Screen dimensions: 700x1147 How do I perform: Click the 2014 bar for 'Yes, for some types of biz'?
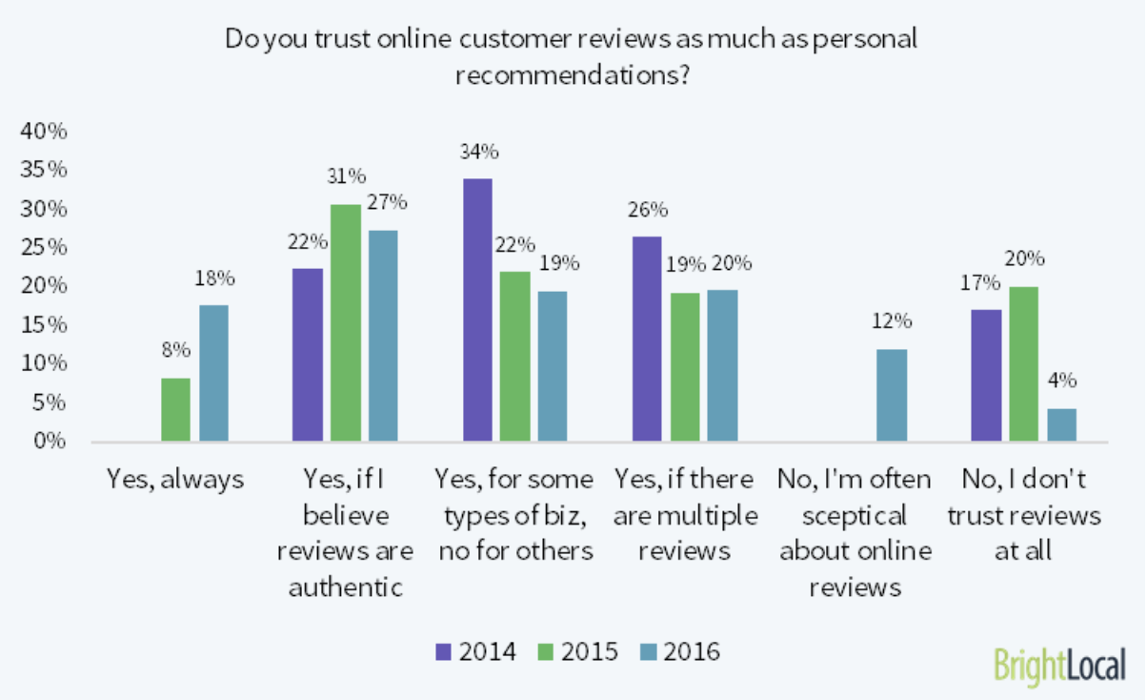477,310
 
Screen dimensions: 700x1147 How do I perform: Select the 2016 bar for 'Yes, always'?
213,373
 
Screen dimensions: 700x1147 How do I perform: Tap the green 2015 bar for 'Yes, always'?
175,410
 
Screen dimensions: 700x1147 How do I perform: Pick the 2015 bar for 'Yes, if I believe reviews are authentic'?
346,323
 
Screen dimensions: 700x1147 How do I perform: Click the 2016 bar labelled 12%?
892,396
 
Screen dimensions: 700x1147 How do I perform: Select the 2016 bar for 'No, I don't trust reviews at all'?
1061,425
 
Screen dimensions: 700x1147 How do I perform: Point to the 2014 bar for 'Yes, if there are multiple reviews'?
647,340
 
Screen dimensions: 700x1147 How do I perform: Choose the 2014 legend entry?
475,651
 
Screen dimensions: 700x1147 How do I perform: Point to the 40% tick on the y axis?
43,132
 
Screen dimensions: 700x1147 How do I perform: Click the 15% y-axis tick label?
43,325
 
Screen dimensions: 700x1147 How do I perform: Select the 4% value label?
1062,381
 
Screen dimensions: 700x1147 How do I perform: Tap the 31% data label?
347,176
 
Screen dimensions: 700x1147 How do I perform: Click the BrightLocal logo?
1058,665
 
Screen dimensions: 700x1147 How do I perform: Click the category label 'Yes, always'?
175,479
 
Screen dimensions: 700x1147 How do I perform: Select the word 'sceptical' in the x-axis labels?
855,516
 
